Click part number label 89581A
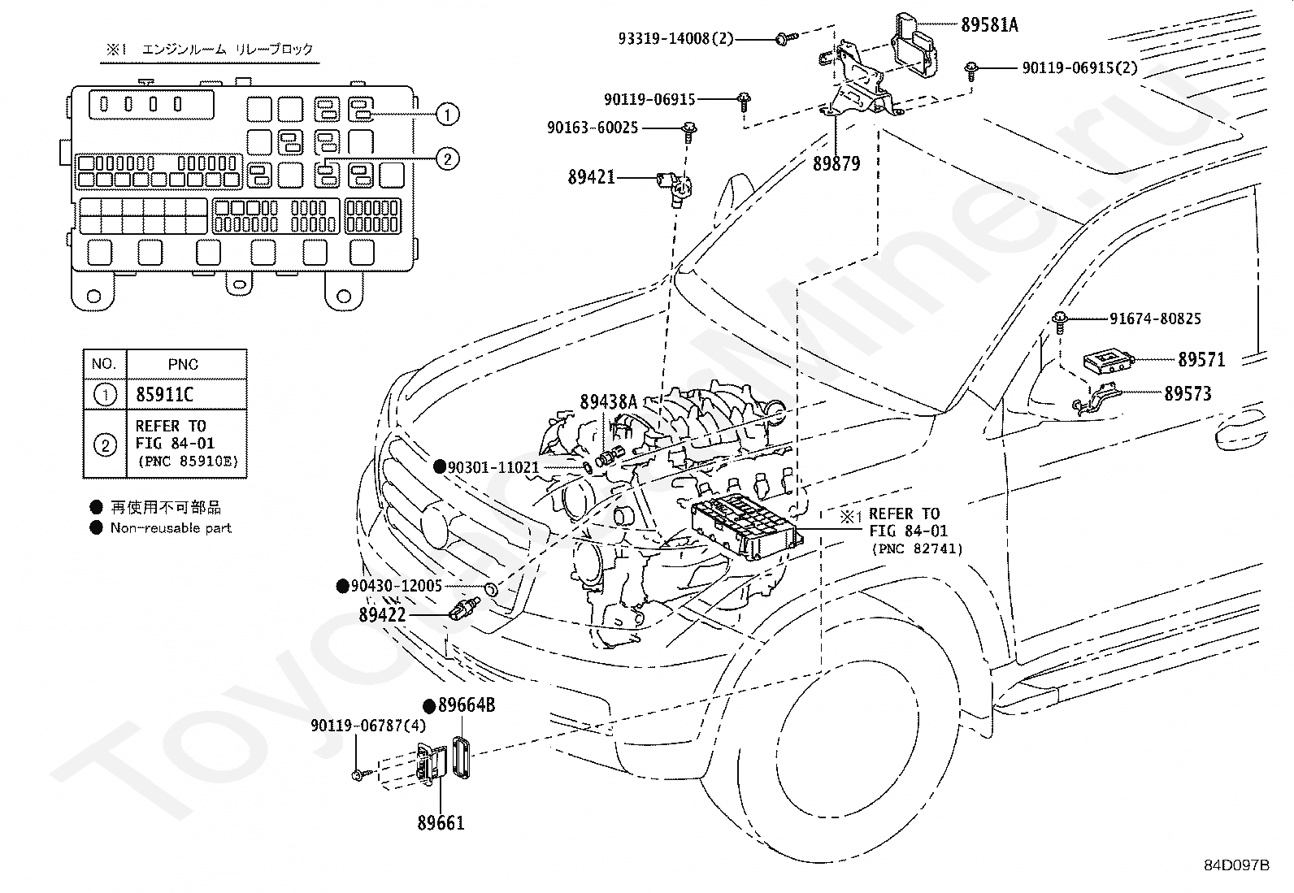pyautogui.click(x=989, y=25)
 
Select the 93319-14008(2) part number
pyautogui.click(x=675, y=39)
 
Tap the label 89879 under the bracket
pyautogui.click(x=836, y=164)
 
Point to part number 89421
pyautogui.click(x=592, y=177)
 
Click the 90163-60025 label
pyautogui.click(x=593, y=127)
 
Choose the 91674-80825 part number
pyautogui.click(x=1155, y=319)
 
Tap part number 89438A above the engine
pyautogui.click(x=608, y=402)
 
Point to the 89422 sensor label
pyautogui.click(x=382, y=614)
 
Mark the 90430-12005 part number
pyautogui.click(x=397, y=586)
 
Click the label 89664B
pyautogui.click(x=467, y=704)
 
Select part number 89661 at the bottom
pyautogui.click(x=441, y=822)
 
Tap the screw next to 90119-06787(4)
pyautogui.click(x=358, y=775)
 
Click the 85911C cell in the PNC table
pyautogui.click(x=165, y=395)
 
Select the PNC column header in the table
pyautogui.click(x=183, y=364)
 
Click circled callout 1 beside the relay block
pyautogui.click(x=448, y=115)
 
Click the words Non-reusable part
pyautogui.click(x=171, y=527)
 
